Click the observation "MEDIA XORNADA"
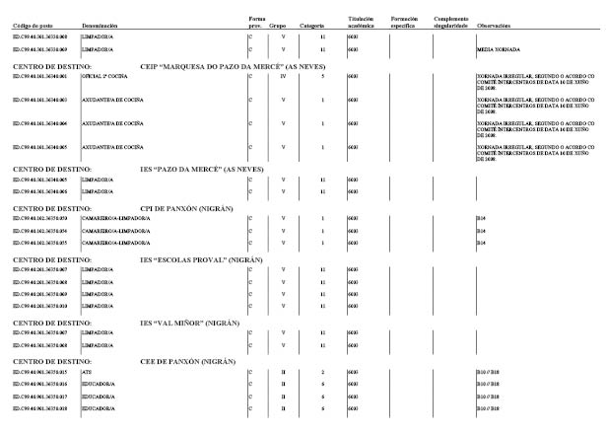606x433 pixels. (498, 47)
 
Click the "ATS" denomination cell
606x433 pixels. (86, 374)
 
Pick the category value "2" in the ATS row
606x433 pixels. (323, 374)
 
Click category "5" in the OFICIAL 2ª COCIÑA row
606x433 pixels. (323, 75)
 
